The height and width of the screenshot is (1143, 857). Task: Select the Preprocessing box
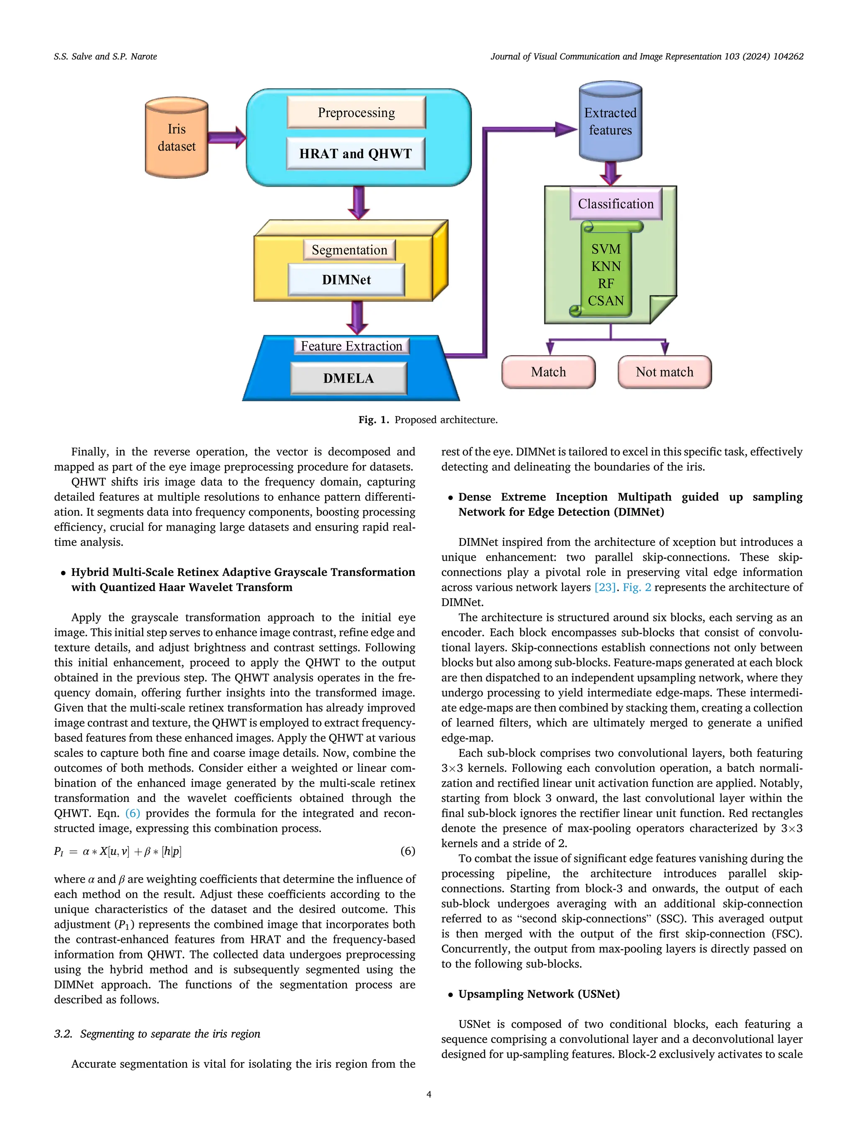click(x=356, y=113)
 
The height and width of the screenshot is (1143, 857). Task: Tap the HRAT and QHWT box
click(x=355, y=154)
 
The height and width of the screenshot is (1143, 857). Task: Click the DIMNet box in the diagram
click(x=346, y=280)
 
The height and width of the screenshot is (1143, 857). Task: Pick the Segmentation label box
click(x=349, y=250)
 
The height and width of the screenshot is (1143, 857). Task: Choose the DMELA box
click(x=348, y=378)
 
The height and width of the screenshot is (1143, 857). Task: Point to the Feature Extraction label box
click(x=351, y=346)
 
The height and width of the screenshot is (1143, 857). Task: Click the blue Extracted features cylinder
click(x=610, y=122)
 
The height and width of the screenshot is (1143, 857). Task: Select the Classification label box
click(x=615, y=204)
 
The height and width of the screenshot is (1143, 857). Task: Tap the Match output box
click(x=548, y=372)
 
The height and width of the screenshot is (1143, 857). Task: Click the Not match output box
click(x=665, y=372)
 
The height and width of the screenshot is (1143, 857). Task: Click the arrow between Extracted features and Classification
click(x=611, y=172)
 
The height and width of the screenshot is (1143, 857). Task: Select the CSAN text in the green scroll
click(x=606, y=301)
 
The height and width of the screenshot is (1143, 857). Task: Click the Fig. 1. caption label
click(x=374, y=420)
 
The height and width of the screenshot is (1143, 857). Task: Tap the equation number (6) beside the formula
click(x=408, y=851)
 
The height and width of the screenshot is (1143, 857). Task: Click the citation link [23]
click(x=605, y=588)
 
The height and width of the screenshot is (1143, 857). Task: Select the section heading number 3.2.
click(x=63, y=1034)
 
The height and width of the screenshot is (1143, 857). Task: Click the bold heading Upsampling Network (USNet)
click(x=539, y=994)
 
